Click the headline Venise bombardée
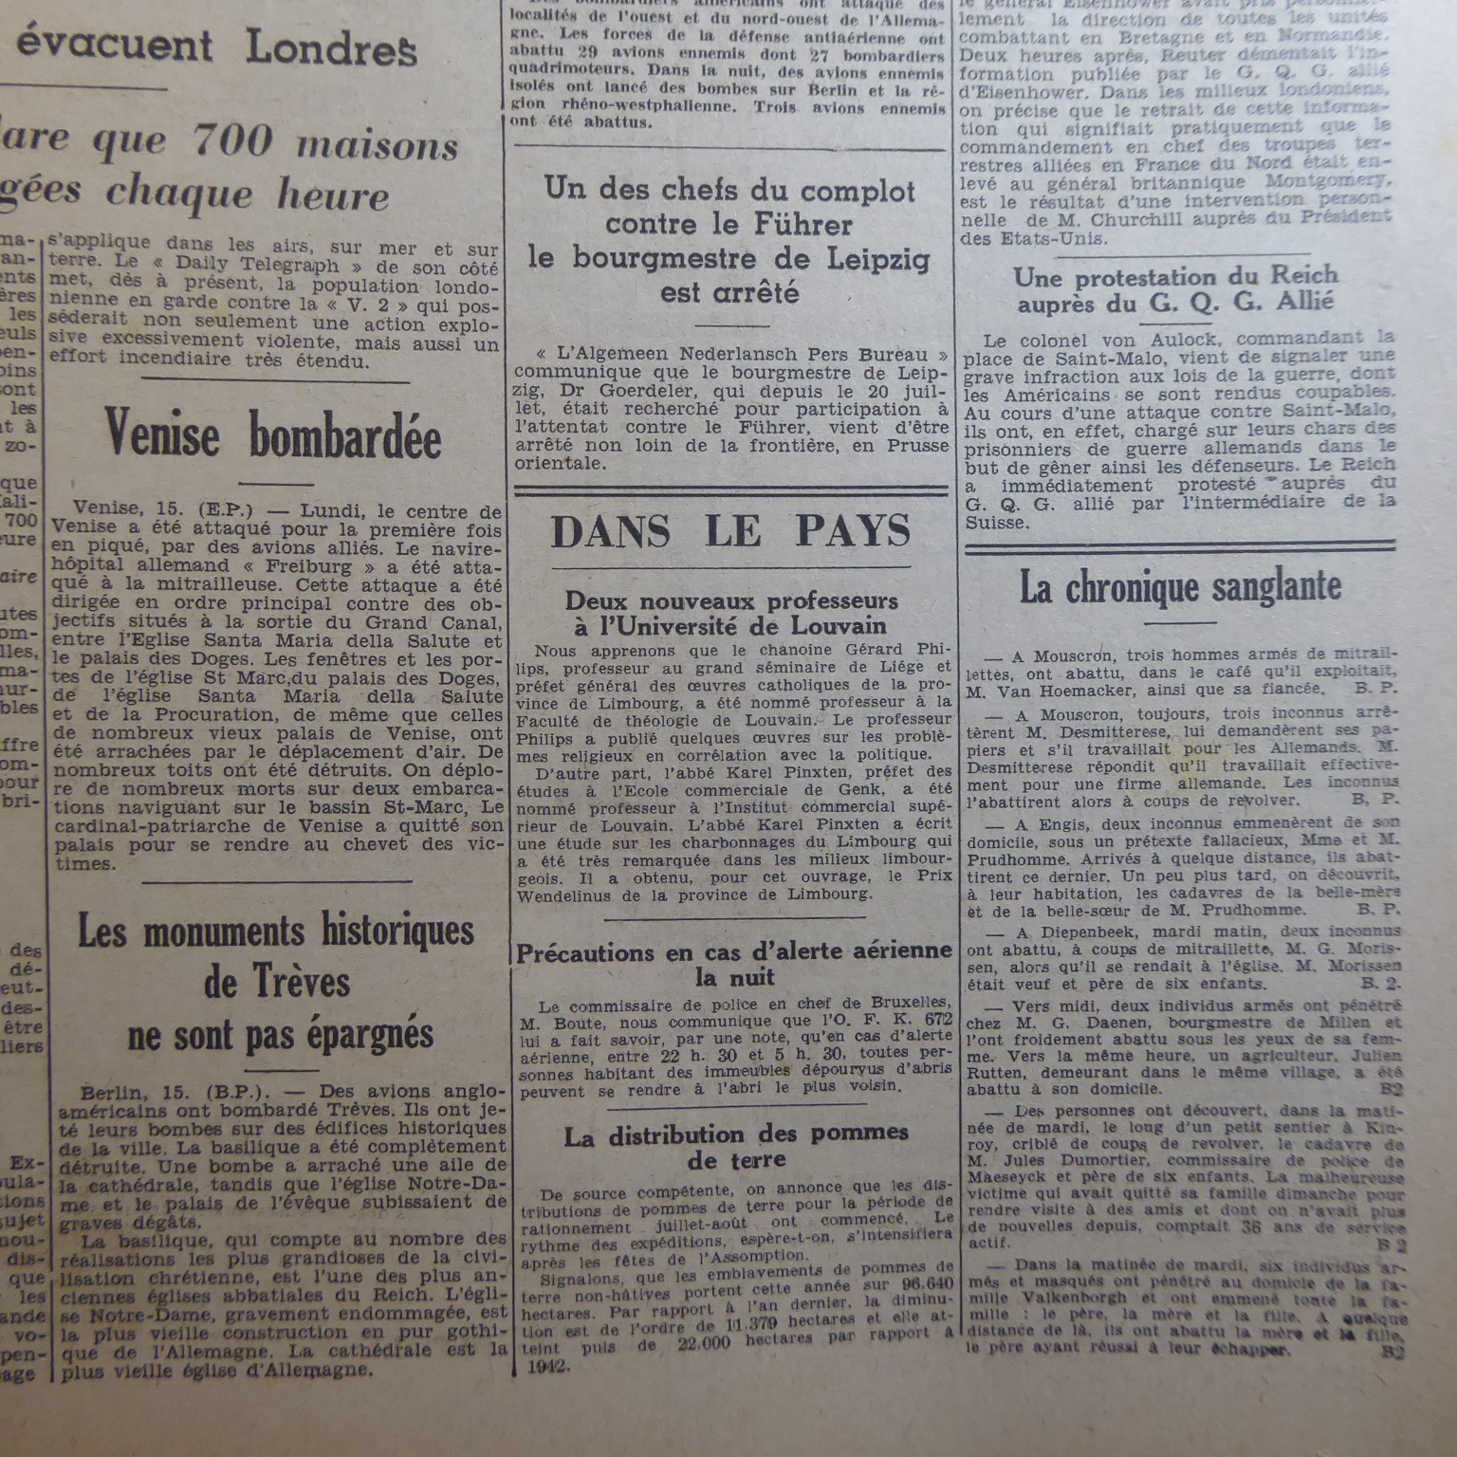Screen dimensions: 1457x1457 273,435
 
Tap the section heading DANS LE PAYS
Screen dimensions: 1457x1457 730,532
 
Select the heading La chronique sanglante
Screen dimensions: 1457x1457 1180,587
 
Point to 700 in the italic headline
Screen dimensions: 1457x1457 232,142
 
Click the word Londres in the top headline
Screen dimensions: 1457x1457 331,47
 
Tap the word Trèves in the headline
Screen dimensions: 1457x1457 277,983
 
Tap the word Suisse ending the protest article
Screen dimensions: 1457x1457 996,523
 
